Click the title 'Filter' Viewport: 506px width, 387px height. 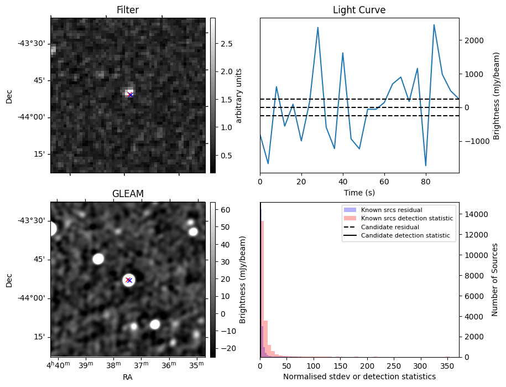point(128,10)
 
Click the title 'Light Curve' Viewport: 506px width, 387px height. point(359,10)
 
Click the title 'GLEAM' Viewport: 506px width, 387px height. point(128,194)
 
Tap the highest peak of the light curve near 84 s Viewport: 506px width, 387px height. point(434,25)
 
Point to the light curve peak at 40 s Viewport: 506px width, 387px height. point(343,53)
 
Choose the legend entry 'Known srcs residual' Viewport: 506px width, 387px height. point(392,210)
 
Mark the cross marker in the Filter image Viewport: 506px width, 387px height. point(130,95)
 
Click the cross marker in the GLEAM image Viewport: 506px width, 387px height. point(129,280)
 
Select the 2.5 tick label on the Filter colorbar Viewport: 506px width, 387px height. point(226,44)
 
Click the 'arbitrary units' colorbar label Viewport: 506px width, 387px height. point(239,95)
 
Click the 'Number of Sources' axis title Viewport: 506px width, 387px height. point(495,279)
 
